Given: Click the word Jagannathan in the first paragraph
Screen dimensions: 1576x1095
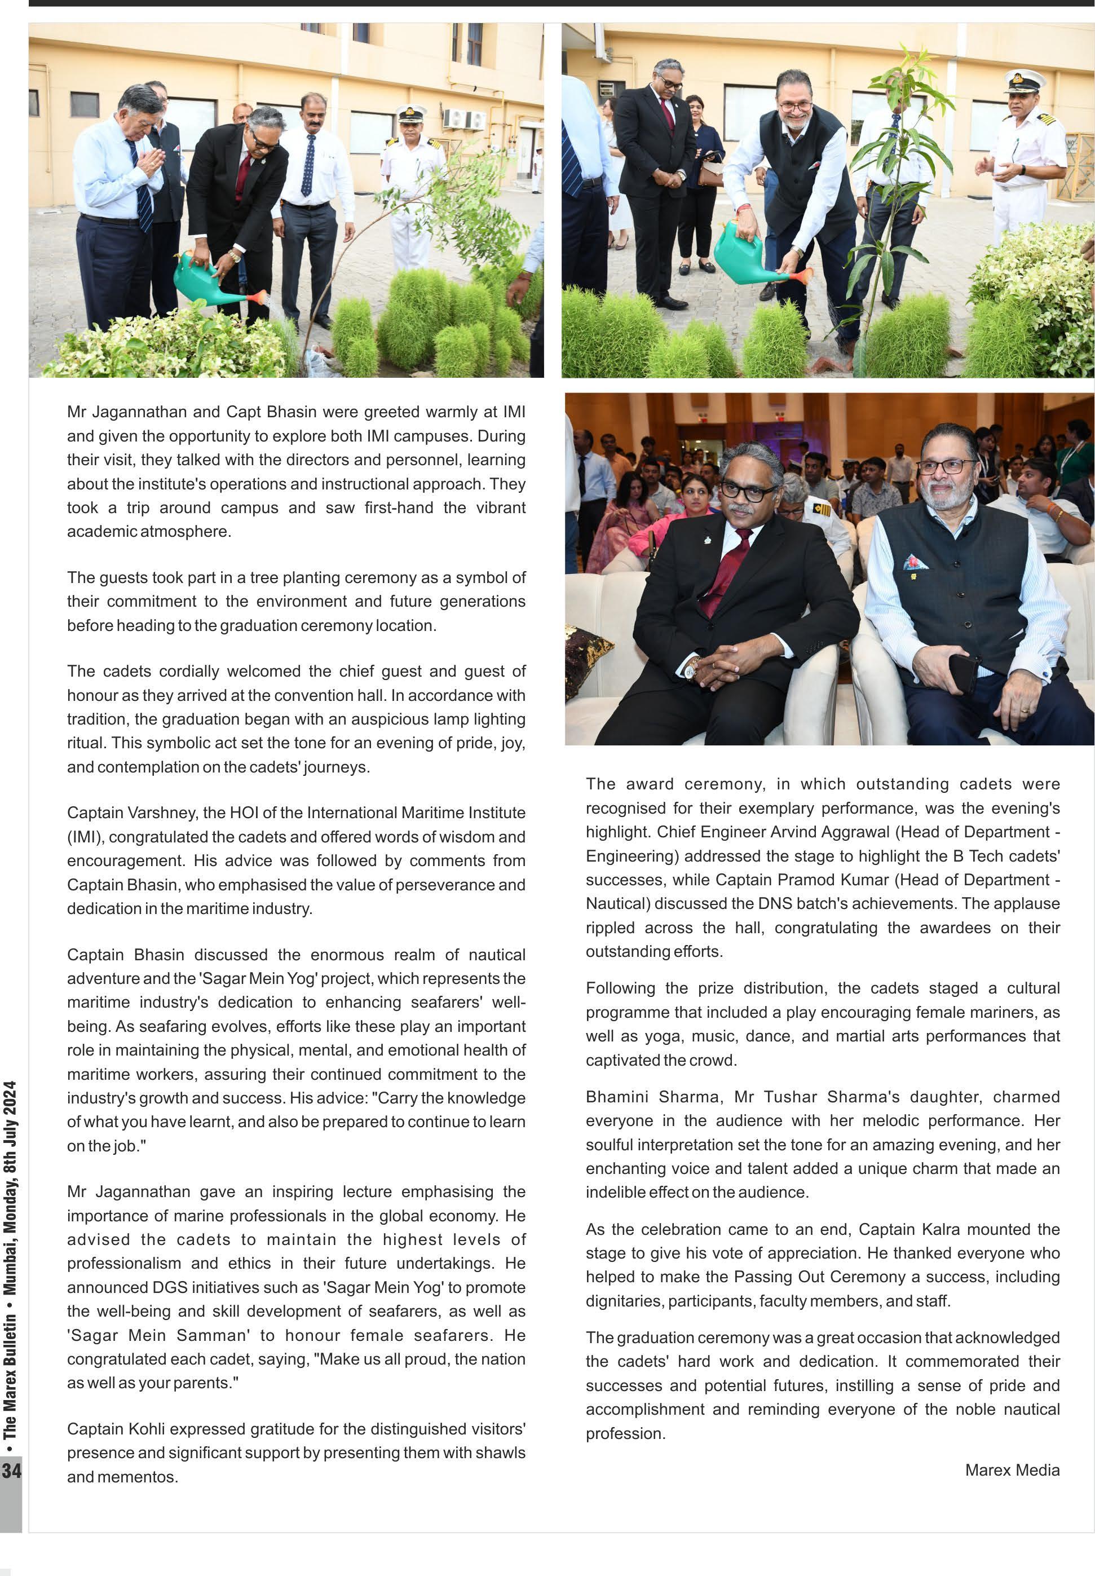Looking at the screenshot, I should (x=139, y=412).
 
